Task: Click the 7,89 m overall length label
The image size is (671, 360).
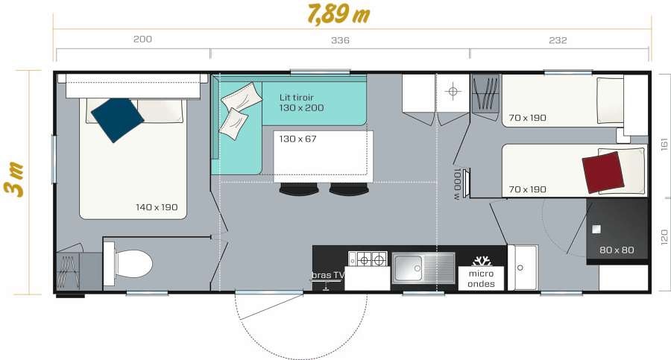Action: (x=338, y=14)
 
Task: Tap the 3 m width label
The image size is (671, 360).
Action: (x=13, y=180)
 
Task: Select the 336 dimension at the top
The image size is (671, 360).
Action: (x=340, y=40)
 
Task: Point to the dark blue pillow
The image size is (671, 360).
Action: (x=117, y=119)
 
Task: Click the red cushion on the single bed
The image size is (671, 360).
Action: (x=603, y=172)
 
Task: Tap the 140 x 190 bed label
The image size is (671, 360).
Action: (x=157, y=207)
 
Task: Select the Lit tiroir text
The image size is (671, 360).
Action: (x=297, y=98)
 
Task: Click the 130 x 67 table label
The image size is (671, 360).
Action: (x=297, y=139)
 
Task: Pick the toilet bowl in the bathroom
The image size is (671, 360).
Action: (x=133, y=263)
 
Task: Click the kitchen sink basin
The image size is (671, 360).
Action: (x=408, y=268)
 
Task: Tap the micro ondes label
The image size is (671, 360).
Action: (x=481, y=279)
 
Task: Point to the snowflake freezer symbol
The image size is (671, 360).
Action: (x=482, y=261)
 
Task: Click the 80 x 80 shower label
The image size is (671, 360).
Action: (x=617, y=250)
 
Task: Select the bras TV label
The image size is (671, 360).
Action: (x=328, y=275)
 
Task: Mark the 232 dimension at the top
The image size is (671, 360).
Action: (x=558, y=40)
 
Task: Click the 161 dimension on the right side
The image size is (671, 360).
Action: (x=664, y=144)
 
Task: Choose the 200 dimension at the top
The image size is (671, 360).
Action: (x=142, y=39)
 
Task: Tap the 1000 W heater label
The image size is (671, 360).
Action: (x=458, y=184)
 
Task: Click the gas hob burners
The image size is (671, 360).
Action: (x=368, y=259)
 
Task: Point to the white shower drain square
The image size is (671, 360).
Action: (x=596, y=230)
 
